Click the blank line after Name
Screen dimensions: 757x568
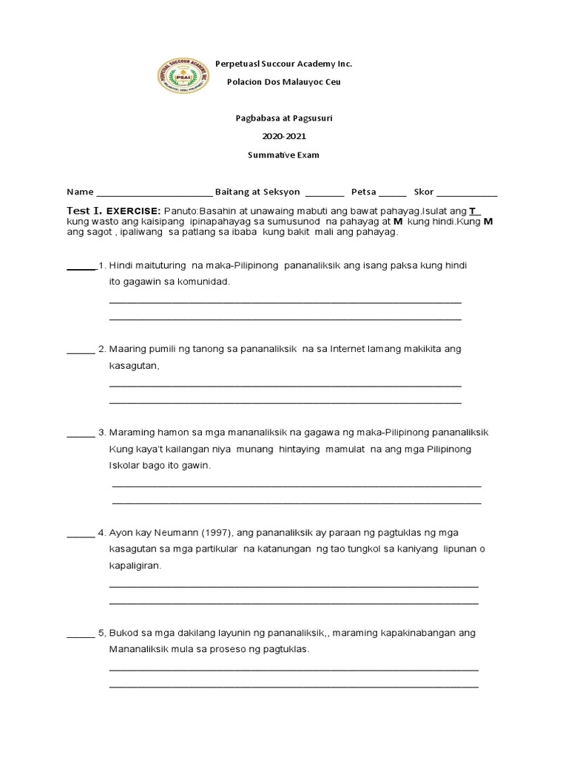[x=154, y=193]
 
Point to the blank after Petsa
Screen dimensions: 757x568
[x=392, y=193]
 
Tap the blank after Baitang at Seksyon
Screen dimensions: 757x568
[x=324, y=193]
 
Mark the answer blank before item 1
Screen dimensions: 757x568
[x=81, y=265]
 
